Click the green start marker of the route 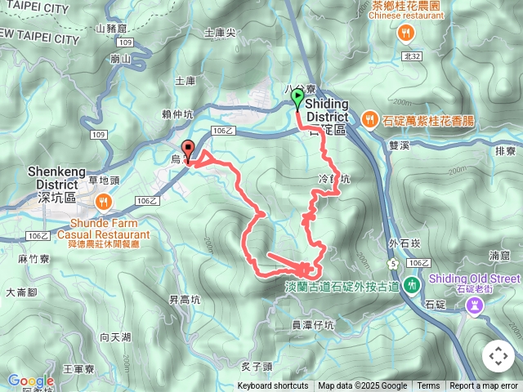pyautogui.click(x=297, y=99)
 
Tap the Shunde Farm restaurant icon pyautogui.click(x=104, y=201)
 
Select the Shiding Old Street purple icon pyautogui.click(x=472, y=305)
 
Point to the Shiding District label pyautogui.click(x=327, y=116)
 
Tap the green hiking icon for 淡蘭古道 pyautogui.click(x=412, y=285)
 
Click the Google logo pyautogui.click(x=30, y=381)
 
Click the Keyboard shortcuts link pyautogui.click(x=273, y=386)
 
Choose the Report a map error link pyautogui.click(x=484, y=386)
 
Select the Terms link pyautogui.click(x=428, y=386)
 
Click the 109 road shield pyautogui.click(x=99, y=134)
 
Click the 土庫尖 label pyautogui.click(x=220, y=33)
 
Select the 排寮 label pyautogui.click(x=506, y=151)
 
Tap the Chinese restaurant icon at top pyautogui.click(x=406, y=33)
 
